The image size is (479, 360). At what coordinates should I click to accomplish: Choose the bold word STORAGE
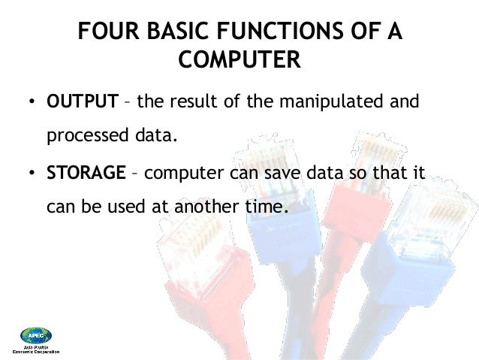pos(86,174)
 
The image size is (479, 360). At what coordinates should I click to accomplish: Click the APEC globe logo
pos(36,334)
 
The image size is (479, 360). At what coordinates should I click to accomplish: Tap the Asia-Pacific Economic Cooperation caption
pos(36,349)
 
